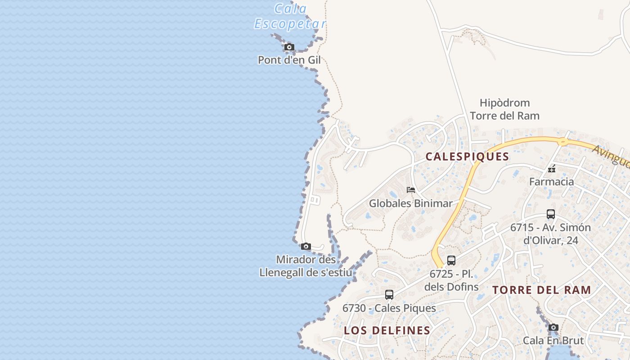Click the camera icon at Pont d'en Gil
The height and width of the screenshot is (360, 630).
tap(289, 47)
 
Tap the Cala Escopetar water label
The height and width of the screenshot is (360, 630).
tap(290, 16)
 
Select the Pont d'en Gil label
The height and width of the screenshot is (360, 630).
tap(289, 60)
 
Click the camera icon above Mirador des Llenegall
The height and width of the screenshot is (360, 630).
tap(306, 246)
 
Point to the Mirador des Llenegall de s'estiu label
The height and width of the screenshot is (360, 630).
tap(306, 266)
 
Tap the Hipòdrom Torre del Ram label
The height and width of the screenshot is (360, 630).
tap(504, 109)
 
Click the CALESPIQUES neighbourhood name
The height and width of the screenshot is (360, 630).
tap(467, 157)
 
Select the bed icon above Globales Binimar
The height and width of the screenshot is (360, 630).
tap(411, 189)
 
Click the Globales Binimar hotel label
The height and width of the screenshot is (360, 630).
tap(410, 203)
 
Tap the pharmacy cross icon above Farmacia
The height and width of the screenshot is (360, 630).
tap(552, 169)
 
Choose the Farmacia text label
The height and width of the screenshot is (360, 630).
tap(551, 182)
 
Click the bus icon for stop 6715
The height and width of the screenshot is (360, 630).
tap(551, 214)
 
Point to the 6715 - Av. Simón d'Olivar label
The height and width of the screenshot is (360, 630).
tap(550, 234)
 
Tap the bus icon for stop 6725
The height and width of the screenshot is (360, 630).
tap(451, 260)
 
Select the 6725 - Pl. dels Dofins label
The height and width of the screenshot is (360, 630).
tap(451, 280)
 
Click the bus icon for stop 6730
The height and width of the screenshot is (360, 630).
tap(389, 295)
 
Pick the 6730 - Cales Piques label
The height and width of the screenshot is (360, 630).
tap(389, 308)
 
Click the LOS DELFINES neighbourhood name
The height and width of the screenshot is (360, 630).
tap(387, 330)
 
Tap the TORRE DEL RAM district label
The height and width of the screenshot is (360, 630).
tap(542, 290)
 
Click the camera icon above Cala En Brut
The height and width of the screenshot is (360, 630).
tap(553, 327)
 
